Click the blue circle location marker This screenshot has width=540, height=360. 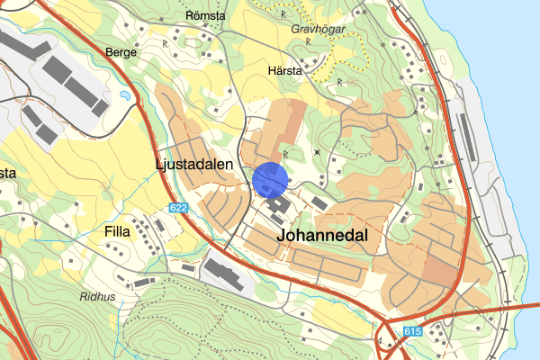pos(270,179)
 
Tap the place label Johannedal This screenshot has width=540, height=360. pos(324,234)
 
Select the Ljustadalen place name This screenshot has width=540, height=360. pos(193,165)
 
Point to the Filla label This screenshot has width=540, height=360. pos(117,231)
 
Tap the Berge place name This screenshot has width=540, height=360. pos(121,52)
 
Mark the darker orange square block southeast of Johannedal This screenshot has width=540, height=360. pos(441,271)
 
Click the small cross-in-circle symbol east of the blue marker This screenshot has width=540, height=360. pos(317,152)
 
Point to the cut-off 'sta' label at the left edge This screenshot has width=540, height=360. pos(7,173)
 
